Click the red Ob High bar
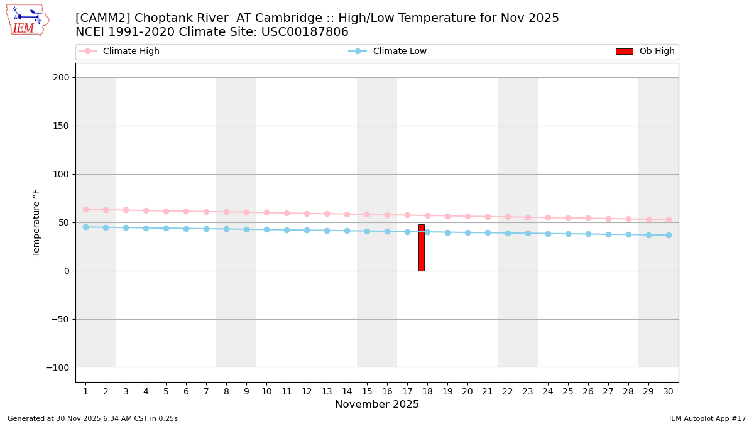(422, 247)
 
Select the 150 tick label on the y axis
(61, 126)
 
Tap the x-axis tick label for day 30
(668, 391)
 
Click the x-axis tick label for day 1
(85, 391)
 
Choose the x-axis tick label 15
(367, 391)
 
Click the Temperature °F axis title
(36, 222)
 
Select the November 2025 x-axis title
(377, 405)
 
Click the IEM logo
(27, 20)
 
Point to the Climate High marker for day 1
(85, 209)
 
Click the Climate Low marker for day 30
(668, 235)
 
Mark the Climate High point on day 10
(266, 212)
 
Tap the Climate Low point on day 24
(548, 234)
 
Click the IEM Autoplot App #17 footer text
(707, 419)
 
